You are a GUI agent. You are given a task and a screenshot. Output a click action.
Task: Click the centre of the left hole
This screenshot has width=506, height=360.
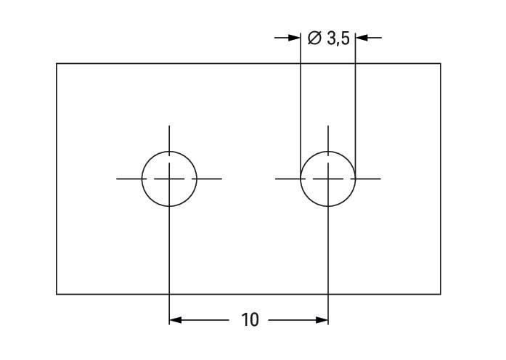pyautogui.click(x=169, y=179)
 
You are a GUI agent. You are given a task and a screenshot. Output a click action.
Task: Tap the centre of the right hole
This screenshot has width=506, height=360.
pyautogui.click(x=328, y=179)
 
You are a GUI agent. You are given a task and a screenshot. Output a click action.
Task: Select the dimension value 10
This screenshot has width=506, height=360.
pyautogui.click(x=250, y=320)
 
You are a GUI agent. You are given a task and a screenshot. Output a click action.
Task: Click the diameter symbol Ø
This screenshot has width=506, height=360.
pyautogui.click(x=314, y=38)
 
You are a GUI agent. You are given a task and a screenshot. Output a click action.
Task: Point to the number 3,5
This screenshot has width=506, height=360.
pyautogui.click(x=338, y=38)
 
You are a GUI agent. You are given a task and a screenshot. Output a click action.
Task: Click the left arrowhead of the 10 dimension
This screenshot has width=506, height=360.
pyautogui.click(x=175, y=320)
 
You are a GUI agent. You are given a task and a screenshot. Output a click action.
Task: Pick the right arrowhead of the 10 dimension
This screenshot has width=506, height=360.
pyautogui.click(x=322, y=320)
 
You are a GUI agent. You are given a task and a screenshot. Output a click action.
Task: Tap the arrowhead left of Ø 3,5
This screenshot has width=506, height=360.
pyautogui.click(x=294, y=38)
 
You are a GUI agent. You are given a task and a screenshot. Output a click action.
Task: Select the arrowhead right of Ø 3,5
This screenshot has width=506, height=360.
pyautogui.click(x=362, y=38)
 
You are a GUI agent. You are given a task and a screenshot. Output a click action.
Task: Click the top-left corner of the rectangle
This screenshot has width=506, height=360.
pyautogui.click(x=57, y=64)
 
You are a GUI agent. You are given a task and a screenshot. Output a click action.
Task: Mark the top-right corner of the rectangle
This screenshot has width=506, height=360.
pyautogui.click(x=441, y=64)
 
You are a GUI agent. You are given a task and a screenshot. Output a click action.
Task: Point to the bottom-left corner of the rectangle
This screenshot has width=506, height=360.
pyautogui.click(x=57, y=294)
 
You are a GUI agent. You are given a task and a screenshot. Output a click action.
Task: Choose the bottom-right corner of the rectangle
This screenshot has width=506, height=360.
pyautogui.click(x=441, y=294)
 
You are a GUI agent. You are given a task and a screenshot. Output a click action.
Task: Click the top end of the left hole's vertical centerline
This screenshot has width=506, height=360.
pyautogui.click(x=169, y=126)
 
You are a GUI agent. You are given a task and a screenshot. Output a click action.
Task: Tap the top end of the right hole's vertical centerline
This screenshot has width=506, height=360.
pyautogui.click(x=328, y=126)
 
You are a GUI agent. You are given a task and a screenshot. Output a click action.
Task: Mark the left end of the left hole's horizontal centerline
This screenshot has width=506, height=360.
pyautogui.click(x=116, y=179)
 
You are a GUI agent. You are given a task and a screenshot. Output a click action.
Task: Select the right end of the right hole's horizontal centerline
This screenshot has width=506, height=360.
pyautogui.click(x=381, y=179)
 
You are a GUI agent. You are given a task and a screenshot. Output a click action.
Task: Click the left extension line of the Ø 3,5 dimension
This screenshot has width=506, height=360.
pyautogui.click(x=301, y=105)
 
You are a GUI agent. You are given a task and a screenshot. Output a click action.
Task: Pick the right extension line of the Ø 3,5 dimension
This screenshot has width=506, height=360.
pyautogui.click(x=355, y=105)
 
